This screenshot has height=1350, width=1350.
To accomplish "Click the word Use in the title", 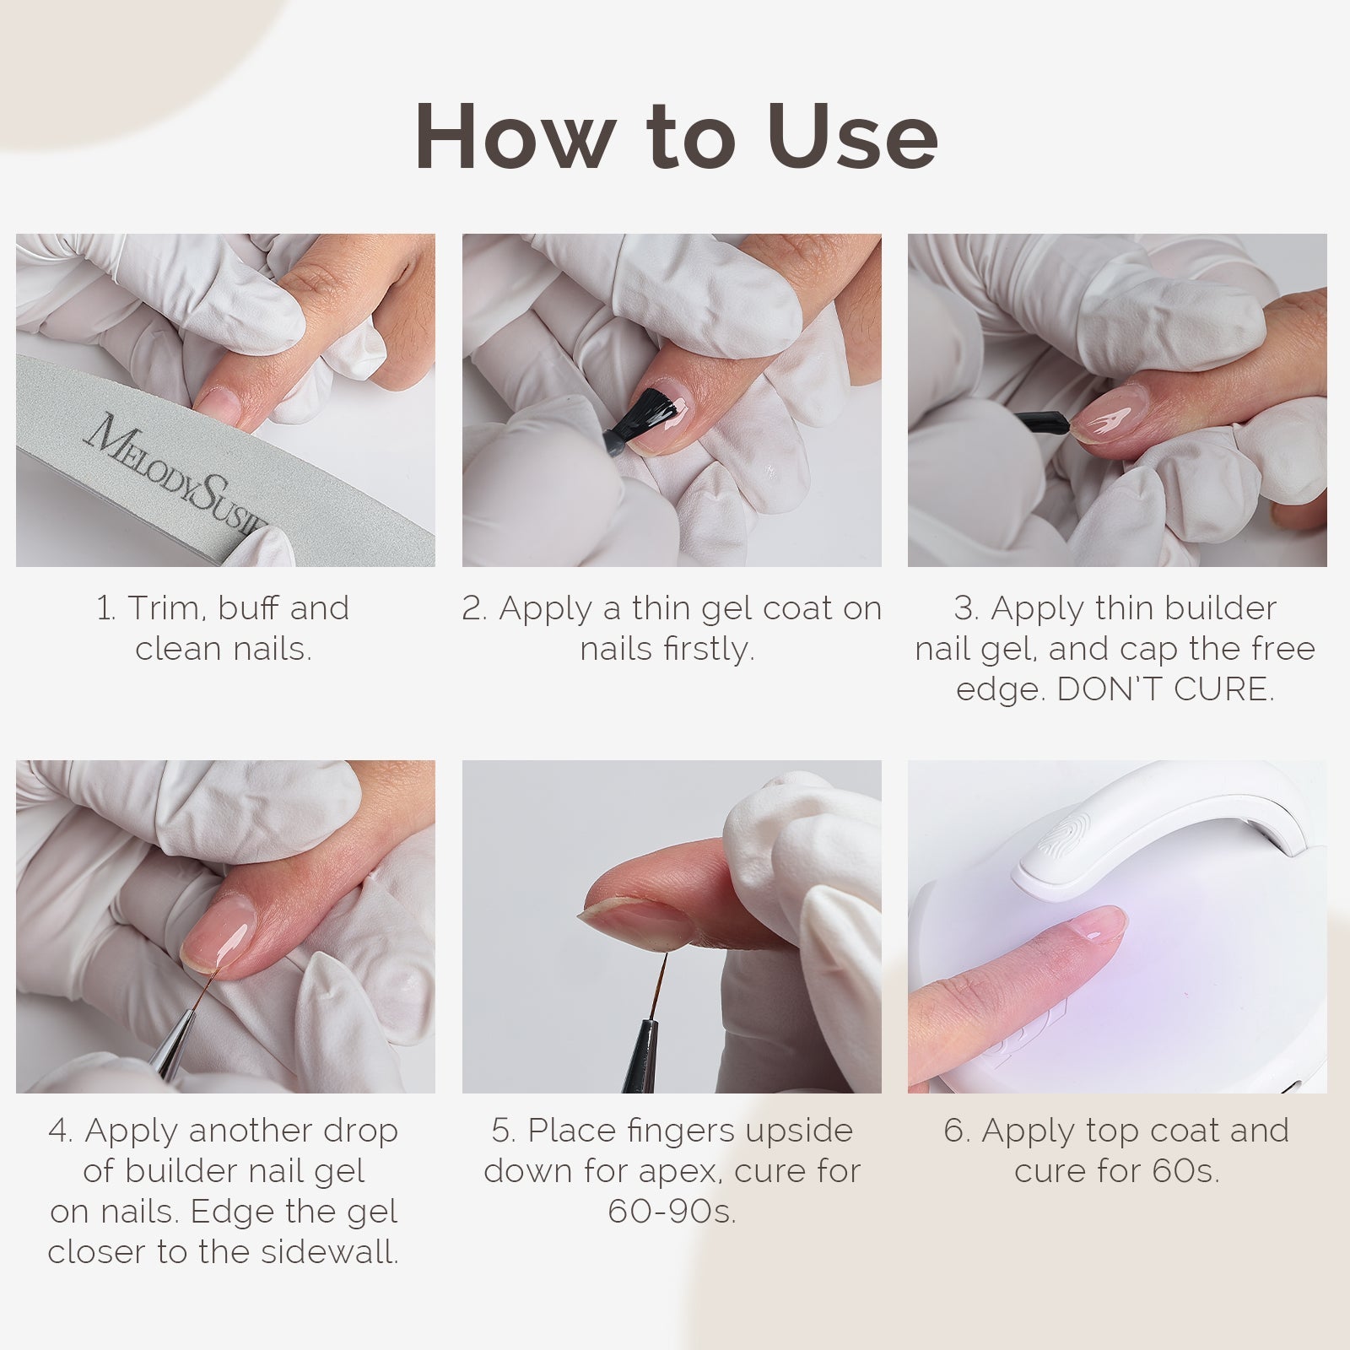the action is click(x=852, y=135).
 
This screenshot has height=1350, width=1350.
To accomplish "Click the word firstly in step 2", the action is click(x=709, y=650).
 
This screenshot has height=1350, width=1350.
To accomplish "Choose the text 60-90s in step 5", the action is click(x=672, y=1212).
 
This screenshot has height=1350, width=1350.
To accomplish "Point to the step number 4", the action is click(x=59, y=1131).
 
